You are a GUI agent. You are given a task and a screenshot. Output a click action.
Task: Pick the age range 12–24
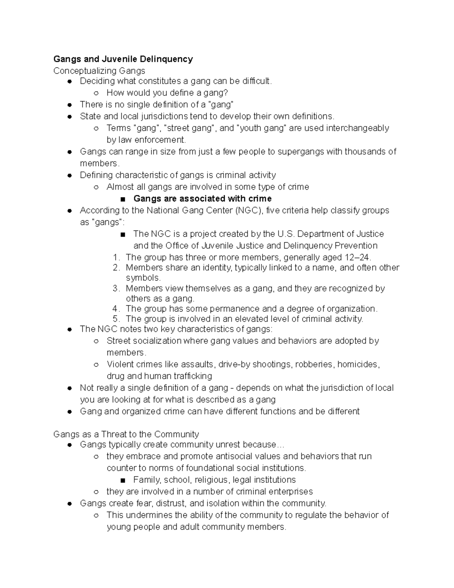(x=358, y=257)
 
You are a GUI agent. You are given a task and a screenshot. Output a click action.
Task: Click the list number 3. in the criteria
(x=116, y=289)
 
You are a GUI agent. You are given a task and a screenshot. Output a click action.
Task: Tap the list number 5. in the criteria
(x=116, y=319)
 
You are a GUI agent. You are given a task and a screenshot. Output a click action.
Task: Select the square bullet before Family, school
(x=122, y=480)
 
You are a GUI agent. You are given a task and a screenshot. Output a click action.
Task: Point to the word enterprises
(x=291, y=491)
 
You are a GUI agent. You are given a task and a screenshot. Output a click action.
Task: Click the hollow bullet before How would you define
(x=96, y=93)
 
